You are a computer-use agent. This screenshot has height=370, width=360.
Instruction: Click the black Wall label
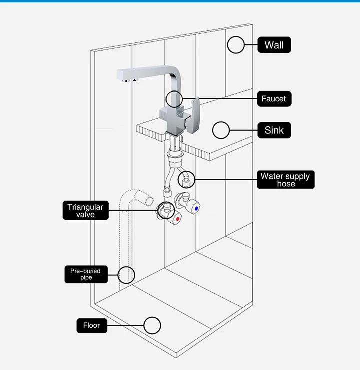[x=274, y=45]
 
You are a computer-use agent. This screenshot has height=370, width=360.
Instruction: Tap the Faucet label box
[x=273, y=99]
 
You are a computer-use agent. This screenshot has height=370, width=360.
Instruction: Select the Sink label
[x=274, y=130]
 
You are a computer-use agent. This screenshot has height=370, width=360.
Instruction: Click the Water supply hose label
[x=286, y=180]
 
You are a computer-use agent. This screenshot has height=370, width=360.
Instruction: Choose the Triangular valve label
[x=85, y=210]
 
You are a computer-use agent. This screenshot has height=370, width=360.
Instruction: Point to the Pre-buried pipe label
[x=85, y=274]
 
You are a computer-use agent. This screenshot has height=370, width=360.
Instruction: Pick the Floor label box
[x=91, y=325]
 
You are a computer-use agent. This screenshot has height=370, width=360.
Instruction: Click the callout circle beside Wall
[x=236, y=45]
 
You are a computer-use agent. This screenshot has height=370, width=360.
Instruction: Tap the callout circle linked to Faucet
[x=175, y=99]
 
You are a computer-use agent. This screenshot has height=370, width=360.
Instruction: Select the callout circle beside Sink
[x=221, y=130]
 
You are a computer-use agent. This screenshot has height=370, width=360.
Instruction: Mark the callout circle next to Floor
[x=152, y=325]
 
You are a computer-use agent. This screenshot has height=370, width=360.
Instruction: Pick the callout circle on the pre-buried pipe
[x=126, y=274]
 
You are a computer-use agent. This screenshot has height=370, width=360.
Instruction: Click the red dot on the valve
[x=177, y=218]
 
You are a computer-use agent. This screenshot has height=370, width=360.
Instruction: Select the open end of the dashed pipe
[x=148, y=201]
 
